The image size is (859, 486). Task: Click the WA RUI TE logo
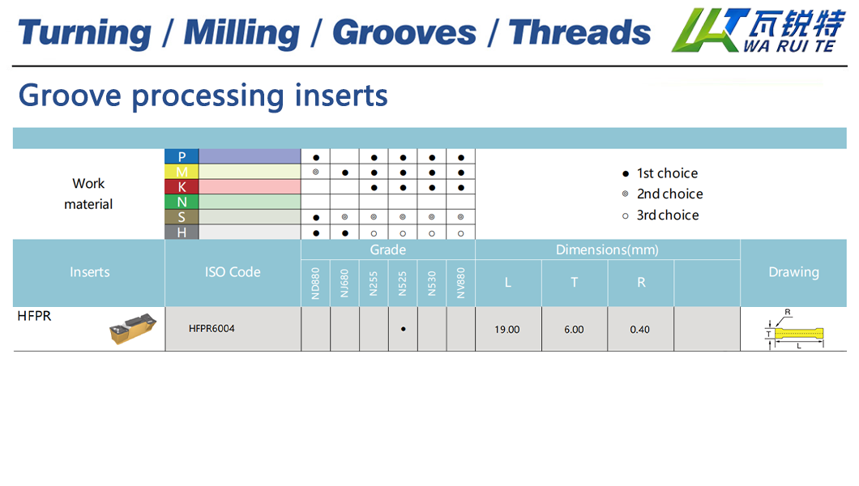click(x=758, y=30)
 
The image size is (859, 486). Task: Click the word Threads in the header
click(x=579, y=32)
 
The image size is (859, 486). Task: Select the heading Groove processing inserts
click(x=203, y=96)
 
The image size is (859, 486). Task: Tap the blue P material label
click(x=182, y=156)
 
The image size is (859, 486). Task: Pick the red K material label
click(x=182, y=186)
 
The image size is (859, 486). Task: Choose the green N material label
click(x=182, y=202)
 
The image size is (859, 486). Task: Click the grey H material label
click(x=182, y=232)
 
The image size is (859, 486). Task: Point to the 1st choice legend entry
click(x=660, y=173)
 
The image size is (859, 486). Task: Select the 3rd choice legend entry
click(x=660, y=215)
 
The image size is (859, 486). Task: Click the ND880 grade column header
click(x=315, y=283)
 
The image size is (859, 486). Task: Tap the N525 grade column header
click(x=403, y=283)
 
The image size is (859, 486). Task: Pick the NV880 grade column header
click(x=461, y=283)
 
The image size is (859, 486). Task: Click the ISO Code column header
click(x=233, y=272)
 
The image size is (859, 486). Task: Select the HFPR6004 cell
click(x=212, y=328)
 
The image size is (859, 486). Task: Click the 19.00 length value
click(x=507, y=330)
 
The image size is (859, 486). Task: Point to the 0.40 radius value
click(x=640, y=330)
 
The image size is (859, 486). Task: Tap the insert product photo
click(x=133, y=328)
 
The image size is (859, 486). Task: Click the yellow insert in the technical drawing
click(x=799, y=333)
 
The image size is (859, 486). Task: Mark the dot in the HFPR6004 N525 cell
click(x=404, y=329)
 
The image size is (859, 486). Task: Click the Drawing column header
click(x=794, y=272)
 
